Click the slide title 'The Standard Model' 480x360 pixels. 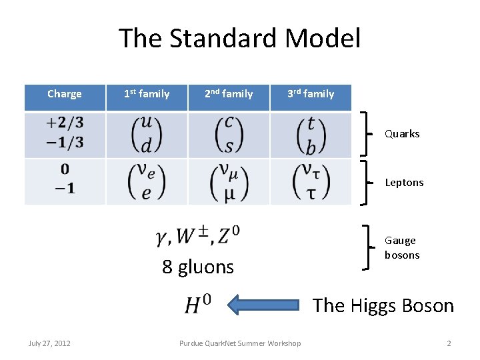coord(239,39)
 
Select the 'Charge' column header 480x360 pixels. coord(65,94)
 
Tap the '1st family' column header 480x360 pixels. coord(147,94)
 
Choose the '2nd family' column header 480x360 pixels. coord(229,94)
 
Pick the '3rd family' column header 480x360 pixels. coord(311,94)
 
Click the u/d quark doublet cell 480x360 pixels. coord(147,135)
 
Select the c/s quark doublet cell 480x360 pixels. coord(229,135)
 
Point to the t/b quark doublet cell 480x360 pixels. coord(311,135)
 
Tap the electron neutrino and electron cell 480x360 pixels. coord(147,181)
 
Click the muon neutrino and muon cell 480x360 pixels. coord(229,181)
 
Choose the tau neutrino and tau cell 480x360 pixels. coord(311,181)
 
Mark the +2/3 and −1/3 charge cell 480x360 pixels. coord(65,135)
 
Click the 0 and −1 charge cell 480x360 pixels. coord(65,181)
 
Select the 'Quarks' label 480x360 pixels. coord(402,134)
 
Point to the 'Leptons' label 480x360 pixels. coord(404,183)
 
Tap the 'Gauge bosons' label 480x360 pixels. coord(402,248)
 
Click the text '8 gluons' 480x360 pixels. coord(198,267)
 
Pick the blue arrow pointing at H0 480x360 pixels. coord(267,305)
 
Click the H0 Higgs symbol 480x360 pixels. coord(198,305)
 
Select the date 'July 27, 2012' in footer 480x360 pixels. coord(50,343)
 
